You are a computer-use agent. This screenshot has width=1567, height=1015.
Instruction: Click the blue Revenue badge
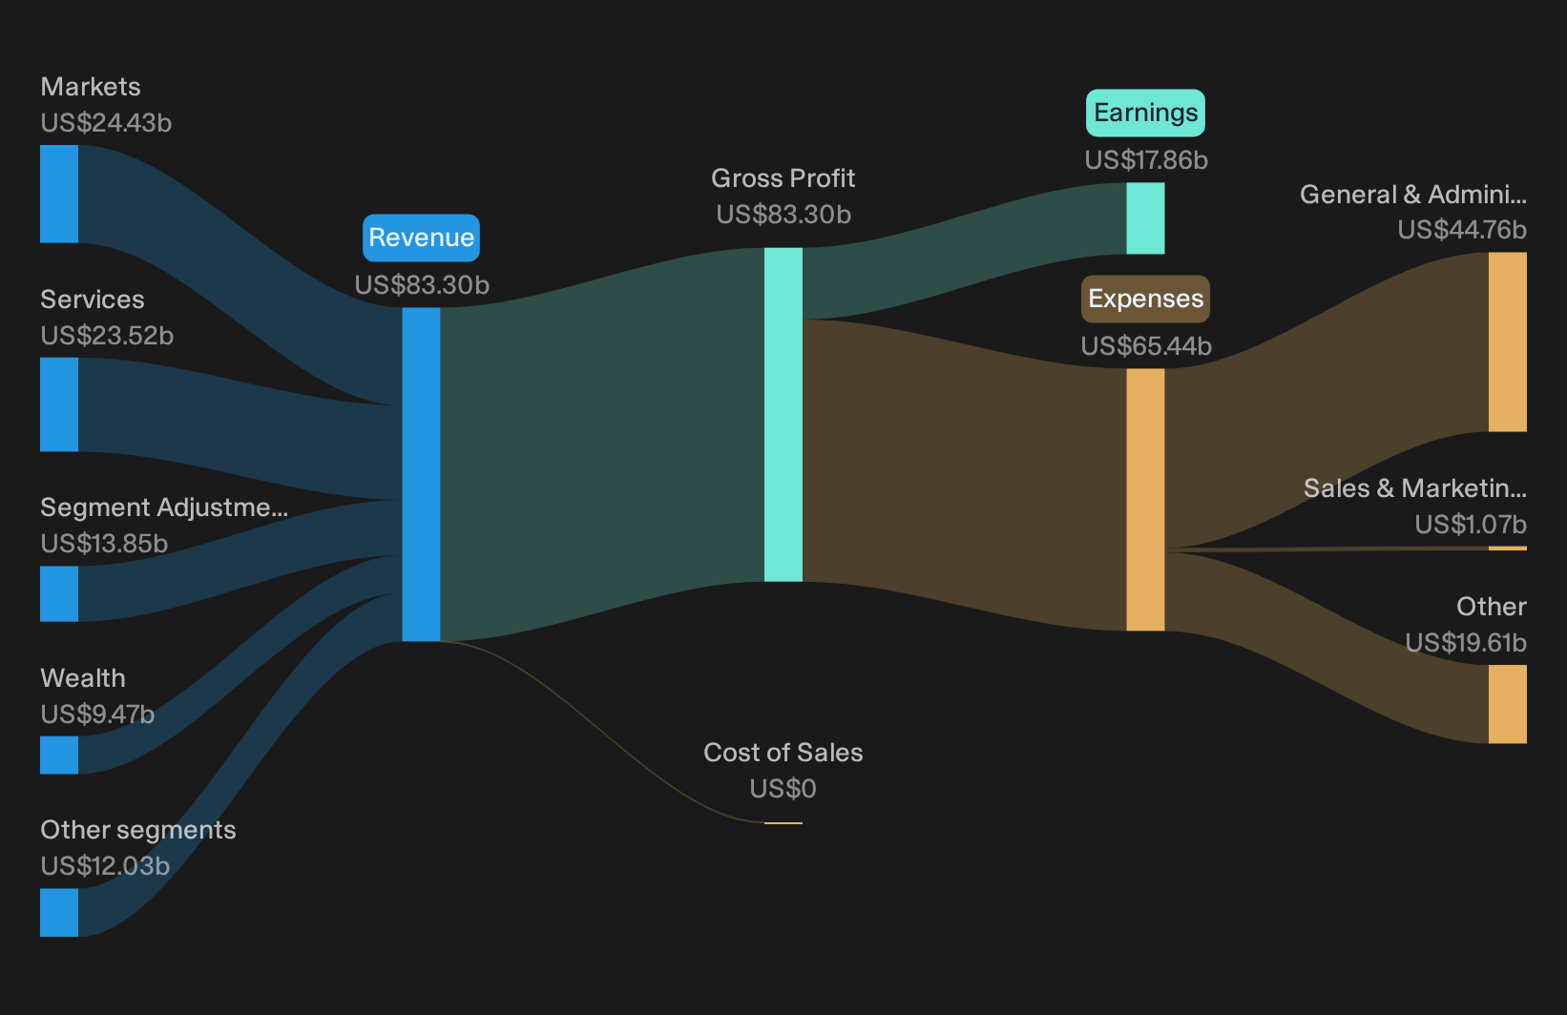click(421, 238)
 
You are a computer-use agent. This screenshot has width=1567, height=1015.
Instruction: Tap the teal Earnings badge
click(1145, 113)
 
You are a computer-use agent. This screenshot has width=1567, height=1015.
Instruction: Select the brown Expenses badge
click(1145, 299)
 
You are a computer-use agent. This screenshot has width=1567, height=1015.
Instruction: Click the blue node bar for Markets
click(59, 194)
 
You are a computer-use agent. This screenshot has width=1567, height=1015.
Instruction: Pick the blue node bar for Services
click(59, 404)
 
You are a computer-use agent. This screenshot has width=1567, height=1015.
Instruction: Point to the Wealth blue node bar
click(59, 755)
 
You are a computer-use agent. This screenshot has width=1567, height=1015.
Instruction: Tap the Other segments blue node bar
click(59, 912)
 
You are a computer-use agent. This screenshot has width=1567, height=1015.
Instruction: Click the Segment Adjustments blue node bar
click(59, 593)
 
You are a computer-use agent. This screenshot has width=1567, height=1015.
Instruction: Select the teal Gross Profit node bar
click(783, 414)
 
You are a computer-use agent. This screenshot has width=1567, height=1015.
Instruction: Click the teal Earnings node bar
click(1145, 218)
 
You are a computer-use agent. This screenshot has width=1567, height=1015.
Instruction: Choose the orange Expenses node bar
click(1145, 500)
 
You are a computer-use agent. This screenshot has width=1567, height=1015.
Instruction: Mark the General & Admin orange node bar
click(1508, 342)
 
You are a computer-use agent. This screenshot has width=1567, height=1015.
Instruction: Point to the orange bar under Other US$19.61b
click(1508, 704)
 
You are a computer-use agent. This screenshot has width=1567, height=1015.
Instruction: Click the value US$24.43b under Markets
click(106, 123)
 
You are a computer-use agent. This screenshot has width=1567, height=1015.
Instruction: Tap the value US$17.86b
click(1146, 160)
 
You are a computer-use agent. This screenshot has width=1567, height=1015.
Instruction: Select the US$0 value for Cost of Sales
click(783, 789)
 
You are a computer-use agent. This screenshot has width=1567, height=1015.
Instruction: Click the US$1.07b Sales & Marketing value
click(1471, 525)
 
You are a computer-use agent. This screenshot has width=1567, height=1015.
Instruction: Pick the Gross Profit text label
click(783, 178)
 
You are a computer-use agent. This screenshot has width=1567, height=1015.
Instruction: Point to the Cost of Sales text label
click(783, 753)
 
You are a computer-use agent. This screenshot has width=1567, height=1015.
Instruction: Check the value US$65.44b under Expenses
click(1146, 346)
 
